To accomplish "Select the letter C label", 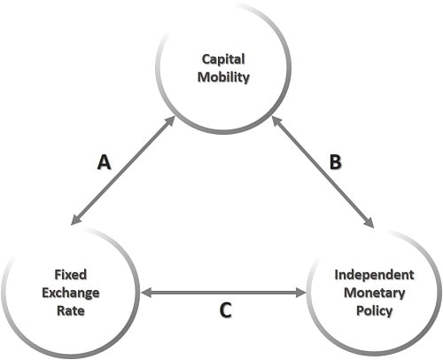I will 225,310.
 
